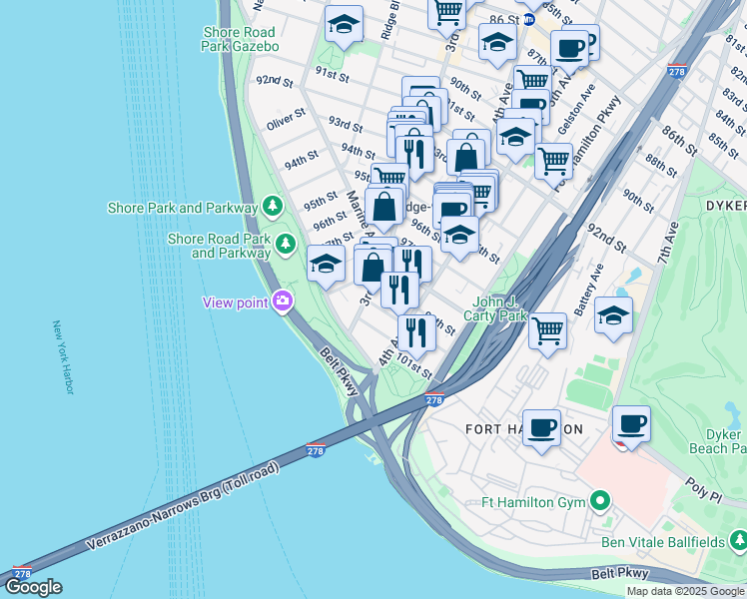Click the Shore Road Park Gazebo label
(x=239, y=38)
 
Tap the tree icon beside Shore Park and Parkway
(x=272, y=207)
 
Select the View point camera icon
(x=284, y=300)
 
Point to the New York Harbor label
(x=63, y=357)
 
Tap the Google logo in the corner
(x=33, y=587)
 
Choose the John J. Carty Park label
(x=499, y=308)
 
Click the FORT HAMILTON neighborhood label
(x=524, y=429)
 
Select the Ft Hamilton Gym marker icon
(x=599, y=501)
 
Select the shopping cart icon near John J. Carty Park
(x=547, y=329)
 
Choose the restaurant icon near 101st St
(x=416, y=331)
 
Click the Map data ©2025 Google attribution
(x=685, y=591)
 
